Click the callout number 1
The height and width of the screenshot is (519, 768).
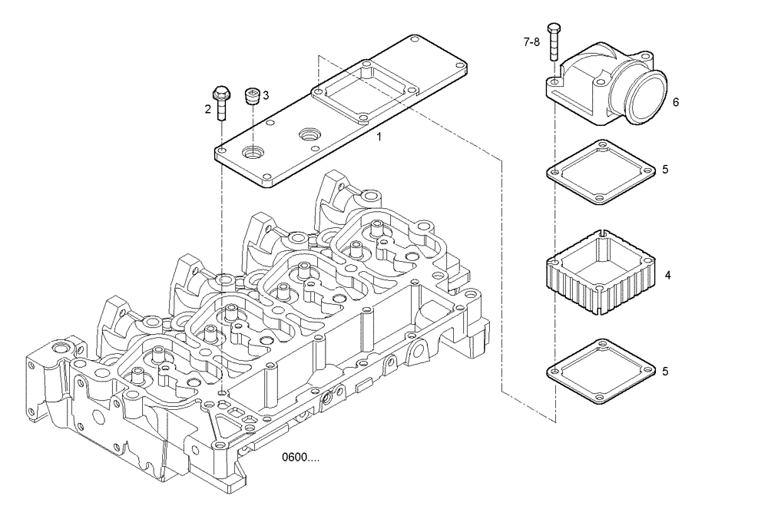[379, 137]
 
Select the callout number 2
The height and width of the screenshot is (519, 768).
[207, 109]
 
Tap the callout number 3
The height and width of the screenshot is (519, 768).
[266, 95]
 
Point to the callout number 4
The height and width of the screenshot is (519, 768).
[667, 274]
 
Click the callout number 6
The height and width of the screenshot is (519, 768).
[676, 101]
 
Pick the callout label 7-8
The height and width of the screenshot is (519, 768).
[531, 43]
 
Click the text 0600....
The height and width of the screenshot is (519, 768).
[300, 458]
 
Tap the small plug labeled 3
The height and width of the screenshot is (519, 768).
[251, 97]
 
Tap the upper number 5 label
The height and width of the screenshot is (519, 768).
[665, 169]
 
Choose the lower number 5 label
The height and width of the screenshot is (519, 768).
[665, 372]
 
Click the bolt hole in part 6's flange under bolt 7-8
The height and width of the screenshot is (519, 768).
[554, 80]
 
